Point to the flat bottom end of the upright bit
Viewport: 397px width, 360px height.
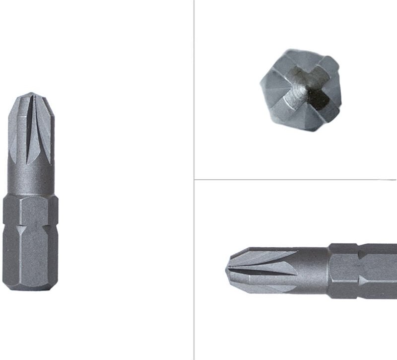(x=30, y=288)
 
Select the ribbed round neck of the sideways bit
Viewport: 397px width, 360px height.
(x=313, y=271)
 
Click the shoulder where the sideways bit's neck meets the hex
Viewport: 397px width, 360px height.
(x=329, y=271)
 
